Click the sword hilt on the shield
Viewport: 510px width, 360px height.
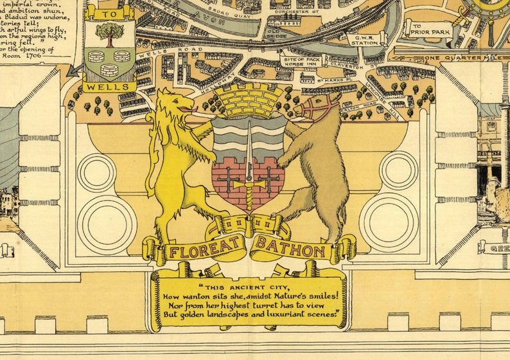249,184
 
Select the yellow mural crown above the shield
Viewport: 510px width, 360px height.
248,100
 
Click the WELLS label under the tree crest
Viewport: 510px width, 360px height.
109,85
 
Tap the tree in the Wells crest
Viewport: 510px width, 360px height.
109,35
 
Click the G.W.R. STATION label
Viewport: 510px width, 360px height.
364,41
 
